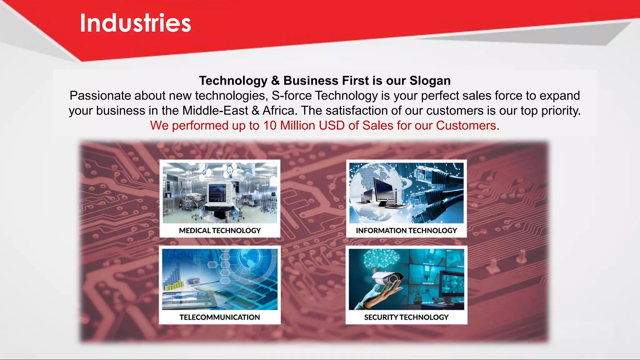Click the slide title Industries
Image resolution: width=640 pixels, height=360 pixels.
pos(135,23)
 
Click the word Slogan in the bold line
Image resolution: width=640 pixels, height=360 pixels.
pos(430,81)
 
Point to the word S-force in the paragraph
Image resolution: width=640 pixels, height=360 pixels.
pos(292,96)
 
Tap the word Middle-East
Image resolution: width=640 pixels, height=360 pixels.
pos(215,111)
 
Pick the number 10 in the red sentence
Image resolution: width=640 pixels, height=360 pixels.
pos(270,126)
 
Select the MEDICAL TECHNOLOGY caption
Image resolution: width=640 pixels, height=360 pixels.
pos(220,231)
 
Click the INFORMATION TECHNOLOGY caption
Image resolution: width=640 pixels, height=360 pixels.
pos(406,231)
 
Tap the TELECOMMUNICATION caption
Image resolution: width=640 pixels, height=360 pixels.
pos(219,317)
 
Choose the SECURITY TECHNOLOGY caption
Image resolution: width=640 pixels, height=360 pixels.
pos(406,317)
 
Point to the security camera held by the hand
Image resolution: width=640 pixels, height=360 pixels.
pos(387,277)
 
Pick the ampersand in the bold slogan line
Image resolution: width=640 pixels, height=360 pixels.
pos(275,81)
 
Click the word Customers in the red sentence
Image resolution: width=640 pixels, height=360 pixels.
pos(467,126)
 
